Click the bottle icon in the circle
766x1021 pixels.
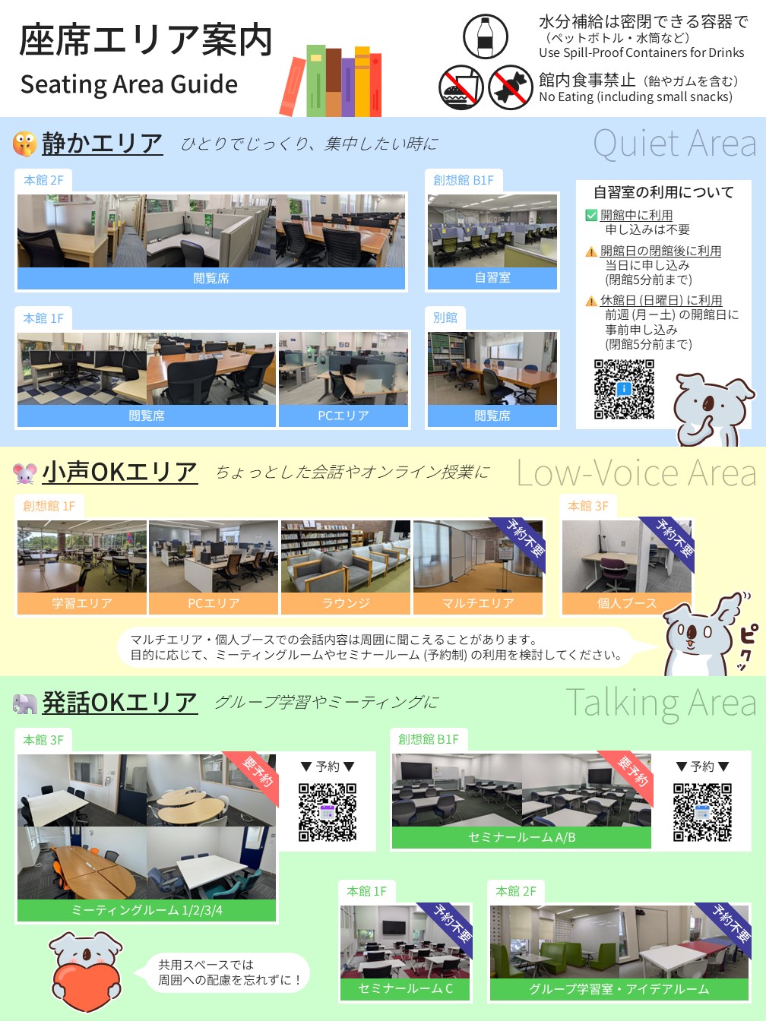click(485, 36)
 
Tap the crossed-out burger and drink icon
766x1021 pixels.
click(461, 87)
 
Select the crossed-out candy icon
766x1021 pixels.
click(510, 87)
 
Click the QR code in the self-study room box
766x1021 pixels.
click(624, 389)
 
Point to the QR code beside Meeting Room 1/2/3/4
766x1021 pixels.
click(328, 812)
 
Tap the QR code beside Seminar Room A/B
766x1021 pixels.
click(702, 812)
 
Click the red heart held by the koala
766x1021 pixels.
click(87, 987)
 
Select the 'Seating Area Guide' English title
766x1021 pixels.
click(129, 84)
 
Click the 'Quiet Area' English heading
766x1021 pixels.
click(674, 144)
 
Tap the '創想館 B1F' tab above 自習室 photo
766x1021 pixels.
click(464, 180)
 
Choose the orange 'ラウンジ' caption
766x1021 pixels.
click(346, 603)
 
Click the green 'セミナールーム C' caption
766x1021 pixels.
click(405, 988)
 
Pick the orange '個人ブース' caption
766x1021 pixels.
click(626, 603)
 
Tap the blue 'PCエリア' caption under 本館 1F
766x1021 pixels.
click(343, 416)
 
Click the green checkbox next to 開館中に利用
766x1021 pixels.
click(591, 215)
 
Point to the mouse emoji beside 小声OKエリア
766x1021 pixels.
click(25, 473)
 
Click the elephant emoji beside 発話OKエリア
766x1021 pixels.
click(25, 703)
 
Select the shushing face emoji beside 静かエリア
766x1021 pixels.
click(25, 144)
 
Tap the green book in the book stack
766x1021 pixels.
click(316, 81)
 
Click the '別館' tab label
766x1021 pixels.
click(445, 318)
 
